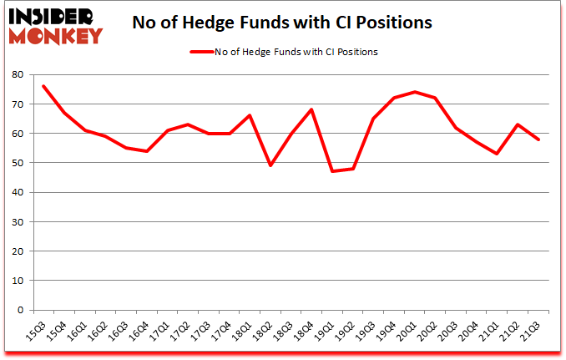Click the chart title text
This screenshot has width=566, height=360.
pos(282,23)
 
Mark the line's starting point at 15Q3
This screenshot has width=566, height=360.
pos(43,86)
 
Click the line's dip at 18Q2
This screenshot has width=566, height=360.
pos(270,165)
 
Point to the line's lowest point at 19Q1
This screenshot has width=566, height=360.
pos(332,171)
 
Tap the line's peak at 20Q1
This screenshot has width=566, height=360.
pos(415,92)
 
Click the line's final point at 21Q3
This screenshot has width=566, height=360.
pos(539,139)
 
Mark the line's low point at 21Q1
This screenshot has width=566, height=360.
pos(498,154)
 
